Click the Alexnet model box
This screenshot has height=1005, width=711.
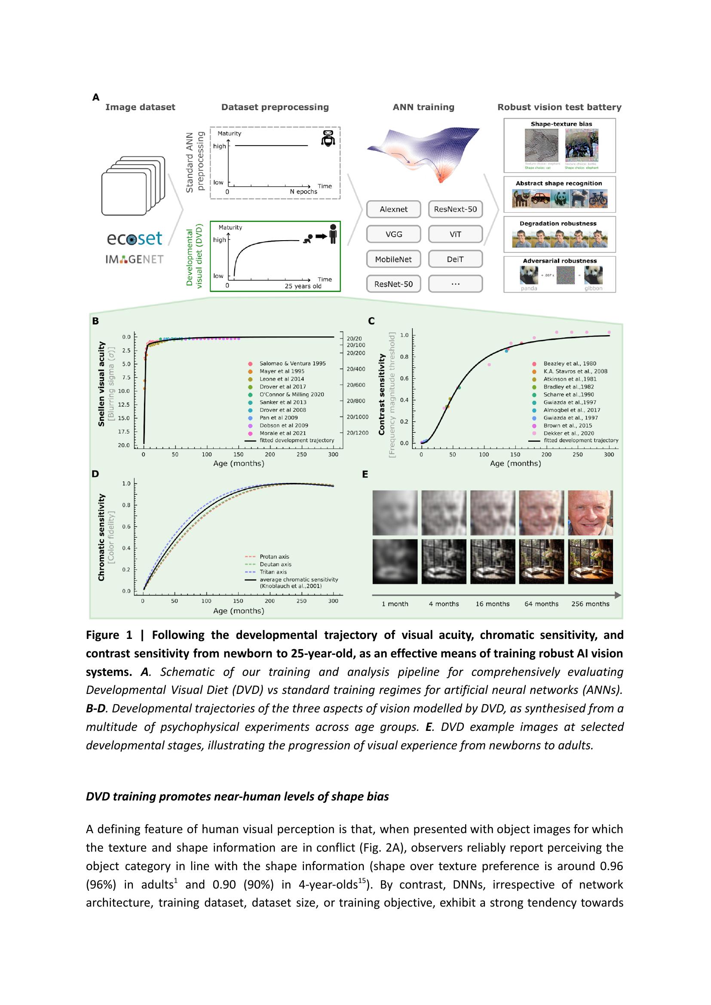point(393,209)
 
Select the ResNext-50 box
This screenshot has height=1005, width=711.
point(455,209)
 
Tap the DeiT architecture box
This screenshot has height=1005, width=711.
point(455,259)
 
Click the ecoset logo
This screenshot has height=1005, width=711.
point(135,238)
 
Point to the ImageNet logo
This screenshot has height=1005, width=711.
point(135,259)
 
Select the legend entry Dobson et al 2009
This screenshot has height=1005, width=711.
point(283,425)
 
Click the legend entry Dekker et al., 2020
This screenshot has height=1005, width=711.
point(568,434)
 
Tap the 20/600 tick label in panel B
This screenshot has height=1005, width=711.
point(355,385)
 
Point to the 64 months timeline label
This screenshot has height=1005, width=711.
point(541,604)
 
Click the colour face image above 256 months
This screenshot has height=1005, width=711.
point(590,513)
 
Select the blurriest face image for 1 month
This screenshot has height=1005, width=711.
point(395,513)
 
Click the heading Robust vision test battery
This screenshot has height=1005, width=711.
point(559,107)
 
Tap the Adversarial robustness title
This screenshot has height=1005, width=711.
point(560,261)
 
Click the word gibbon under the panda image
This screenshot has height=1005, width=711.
point(593,288)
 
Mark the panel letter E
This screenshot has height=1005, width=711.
point(365,474)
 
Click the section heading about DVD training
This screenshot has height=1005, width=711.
point(237,796)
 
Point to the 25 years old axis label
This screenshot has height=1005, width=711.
point(303,286)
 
